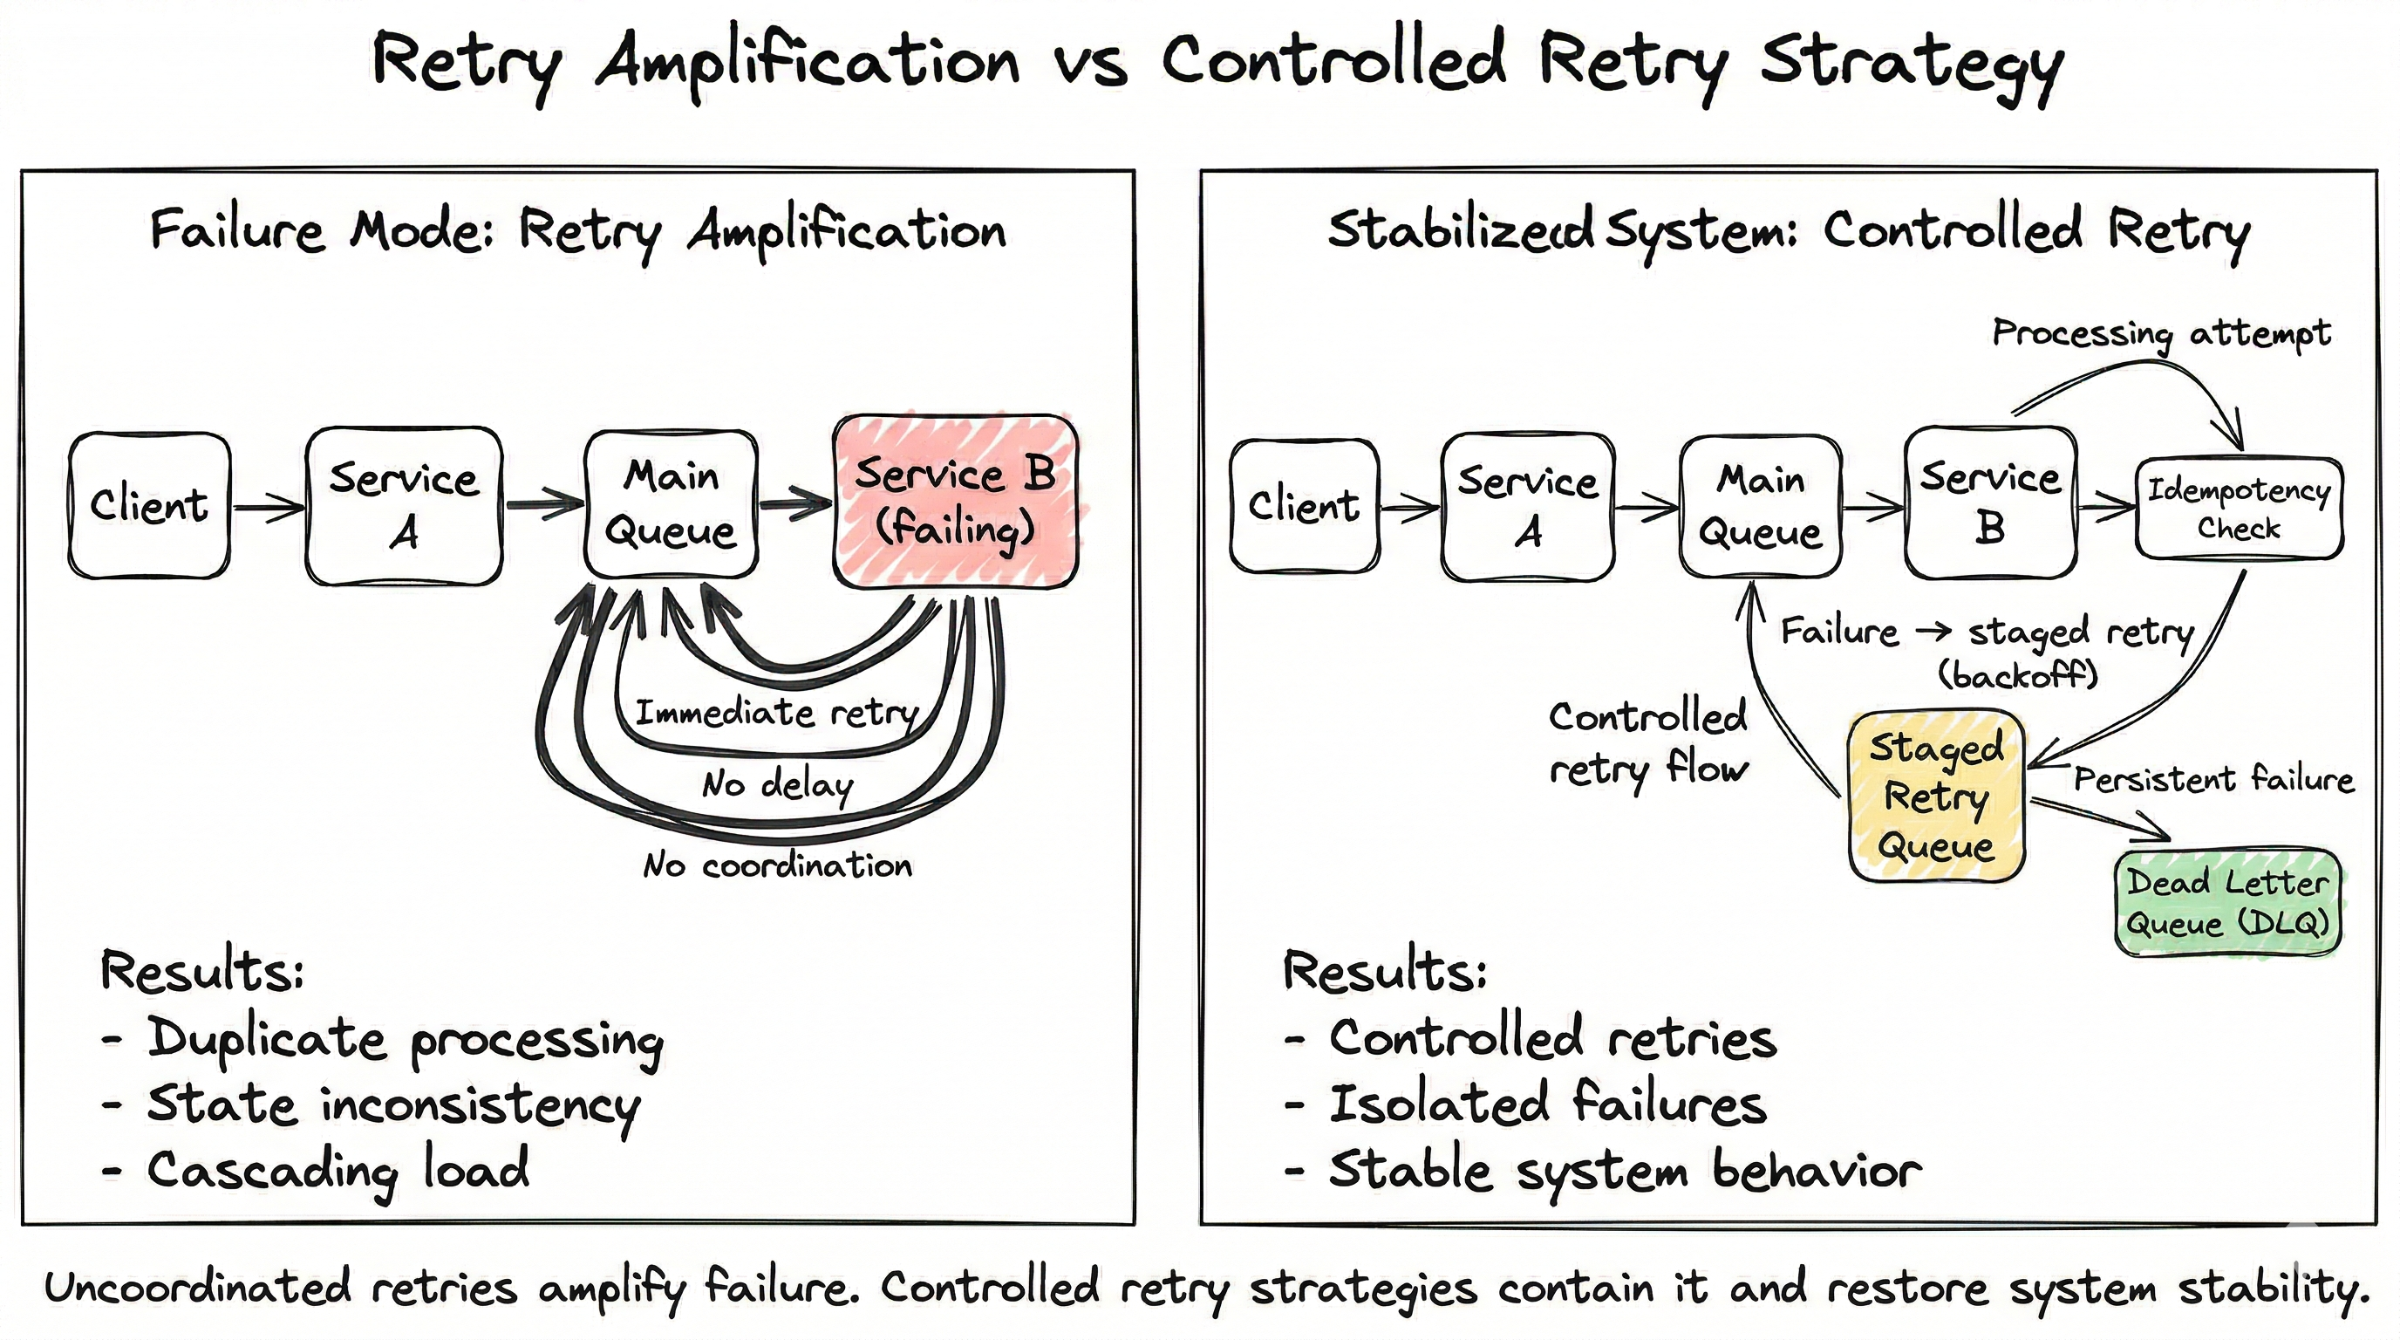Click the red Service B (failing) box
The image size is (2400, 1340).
955,502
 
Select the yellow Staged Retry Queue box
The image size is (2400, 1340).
1936,796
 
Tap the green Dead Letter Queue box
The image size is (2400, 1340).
2227,902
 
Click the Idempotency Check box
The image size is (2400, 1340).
2239,509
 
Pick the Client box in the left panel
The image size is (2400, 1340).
149,505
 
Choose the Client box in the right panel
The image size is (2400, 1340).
1305,506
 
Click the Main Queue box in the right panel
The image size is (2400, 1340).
1760,506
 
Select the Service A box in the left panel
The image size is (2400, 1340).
404,506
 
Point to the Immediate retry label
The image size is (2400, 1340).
776,713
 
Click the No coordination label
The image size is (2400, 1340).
778,865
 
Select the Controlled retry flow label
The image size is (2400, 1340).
1647,742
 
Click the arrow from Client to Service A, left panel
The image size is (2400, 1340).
268,507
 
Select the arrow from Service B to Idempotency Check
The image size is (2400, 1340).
2105,507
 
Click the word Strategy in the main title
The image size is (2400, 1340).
1912,64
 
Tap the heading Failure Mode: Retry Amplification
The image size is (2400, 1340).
577,230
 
